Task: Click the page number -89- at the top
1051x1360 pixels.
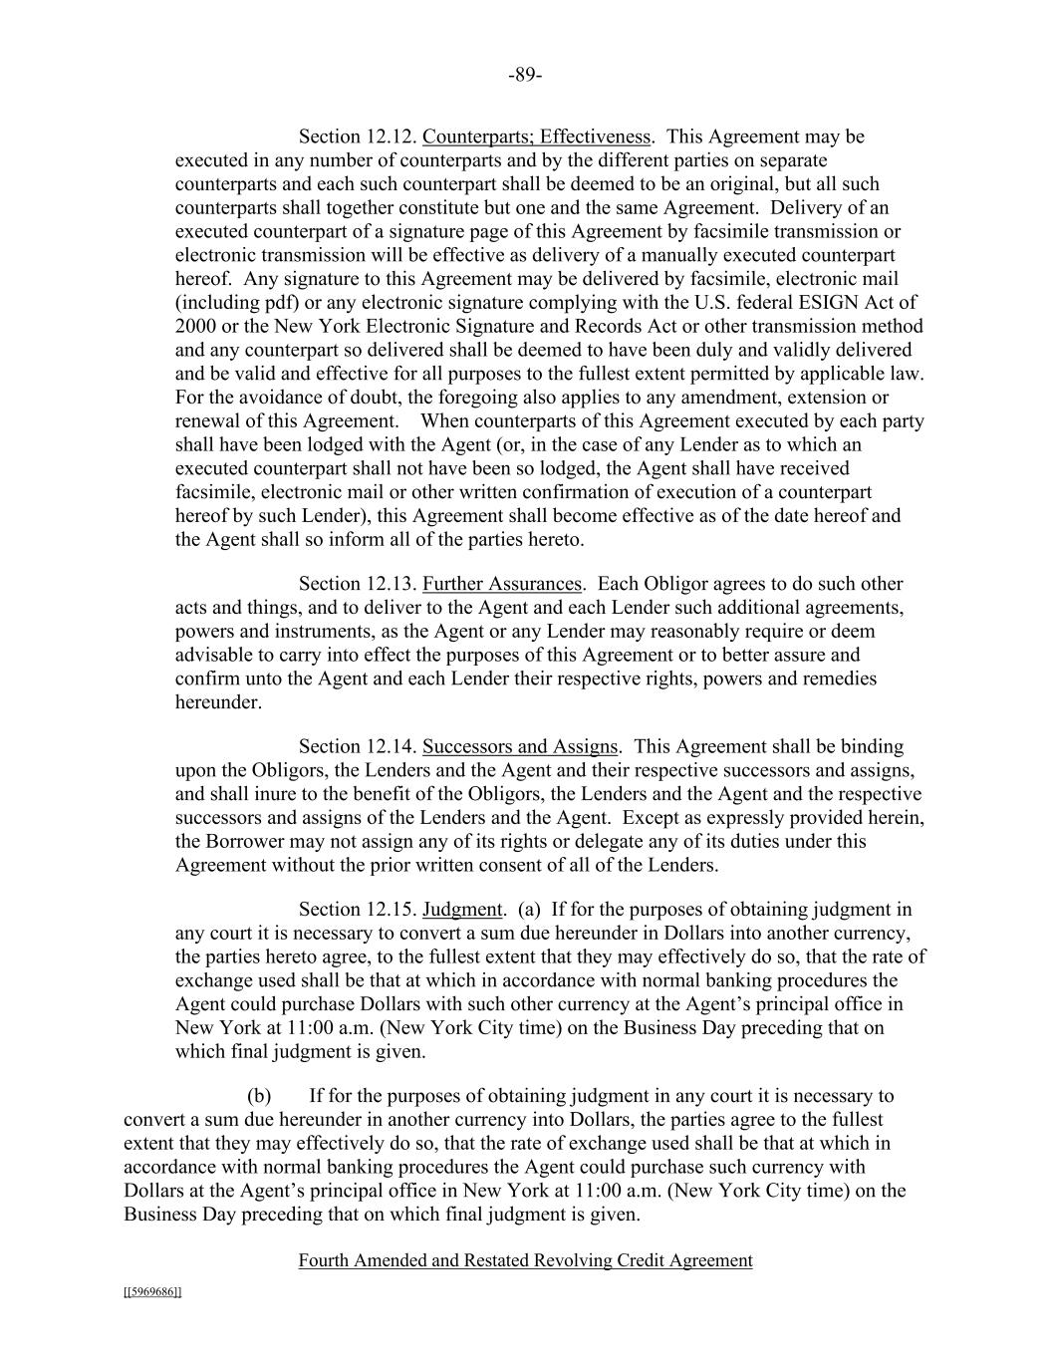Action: [x=525, y=76]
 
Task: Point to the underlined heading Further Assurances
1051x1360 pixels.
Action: [x=501, y=584]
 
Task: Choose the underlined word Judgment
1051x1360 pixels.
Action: [x=462, y=909]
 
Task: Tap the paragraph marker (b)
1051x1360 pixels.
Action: [x=259, y=1096]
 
